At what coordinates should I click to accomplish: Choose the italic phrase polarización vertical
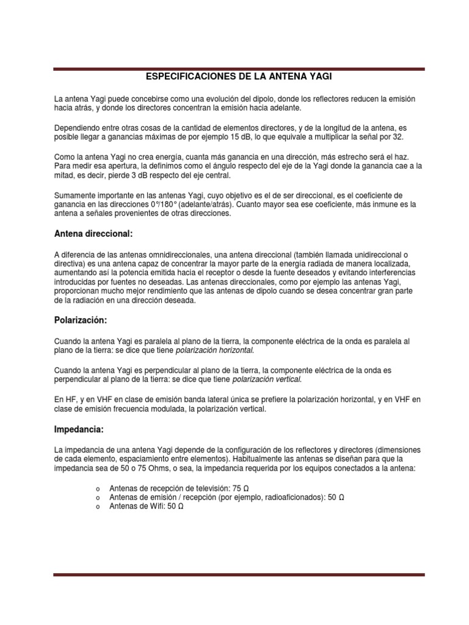(x=267, y=379)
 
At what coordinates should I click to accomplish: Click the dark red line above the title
(x=238, y=70)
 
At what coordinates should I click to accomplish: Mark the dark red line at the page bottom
(x=238, y=574)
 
